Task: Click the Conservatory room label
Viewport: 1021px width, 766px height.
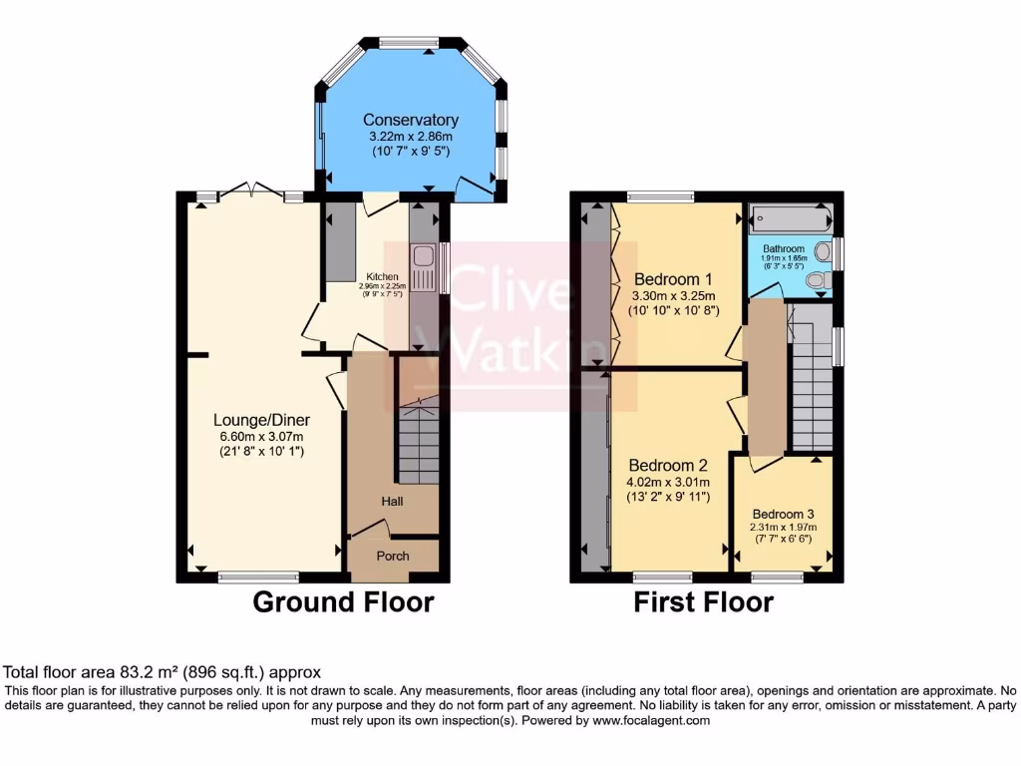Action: pos(410,120)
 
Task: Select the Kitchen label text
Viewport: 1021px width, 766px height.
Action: pos(382,276)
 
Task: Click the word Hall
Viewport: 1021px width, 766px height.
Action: pos(391,501)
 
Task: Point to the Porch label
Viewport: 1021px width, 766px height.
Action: pos(392,556)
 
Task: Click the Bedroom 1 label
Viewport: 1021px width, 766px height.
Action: pos(673,278)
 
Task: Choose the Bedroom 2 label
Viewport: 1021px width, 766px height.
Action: pos(668,465)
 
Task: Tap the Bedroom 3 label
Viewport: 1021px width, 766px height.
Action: pos(783,514)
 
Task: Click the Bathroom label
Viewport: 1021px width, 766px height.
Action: pos(784,248)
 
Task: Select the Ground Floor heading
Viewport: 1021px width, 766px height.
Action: pos(343,602)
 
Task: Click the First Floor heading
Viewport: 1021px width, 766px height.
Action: pos(704,602)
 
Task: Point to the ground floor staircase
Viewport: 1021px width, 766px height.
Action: pos(418,439)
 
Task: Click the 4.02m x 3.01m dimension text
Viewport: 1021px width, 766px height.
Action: pos(668,481)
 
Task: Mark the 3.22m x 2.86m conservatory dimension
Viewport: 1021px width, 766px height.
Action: pos(410,137)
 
